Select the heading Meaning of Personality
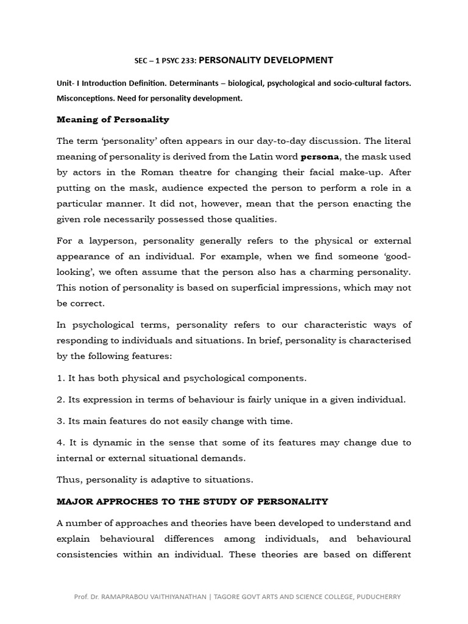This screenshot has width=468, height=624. click(113, 119)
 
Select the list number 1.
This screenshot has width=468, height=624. click(60, 378)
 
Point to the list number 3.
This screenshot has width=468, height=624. click(60, 421)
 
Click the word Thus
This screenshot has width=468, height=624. click(69, 480)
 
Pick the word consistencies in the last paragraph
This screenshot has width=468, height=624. click(90, 555)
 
